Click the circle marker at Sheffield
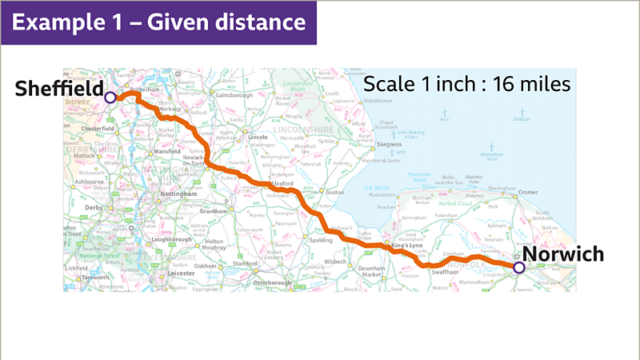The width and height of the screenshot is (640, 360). point(110,97)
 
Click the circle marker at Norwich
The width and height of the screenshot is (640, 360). point(518,267)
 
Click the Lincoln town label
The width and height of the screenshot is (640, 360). point(258,137)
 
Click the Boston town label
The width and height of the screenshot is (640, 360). point(334,192)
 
